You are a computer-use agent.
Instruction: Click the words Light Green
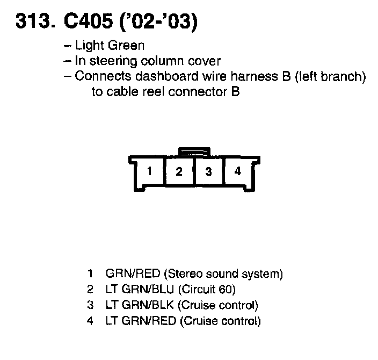[x=110, y=46]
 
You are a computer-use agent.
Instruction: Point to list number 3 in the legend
[x=90, y=306]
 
